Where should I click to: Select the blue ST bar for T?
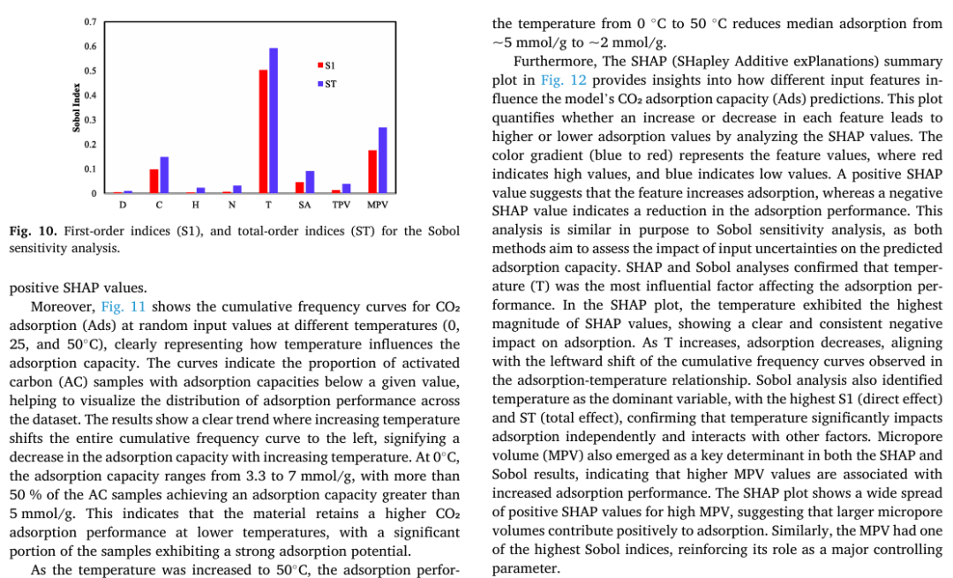coord(274,120)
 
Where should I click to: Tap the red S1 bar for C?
coord(154,181)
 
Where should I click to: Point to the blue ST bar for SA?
coord(310,182)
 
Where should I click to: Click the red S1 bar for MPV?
coord(372,171)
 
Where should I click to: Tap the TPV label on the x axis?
coord(341,205)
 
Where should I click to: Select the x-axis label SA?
coord(304,205)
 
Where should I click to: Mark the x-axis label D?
coord(123,205)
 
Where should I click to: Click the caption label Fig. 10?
coord(33,232)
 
